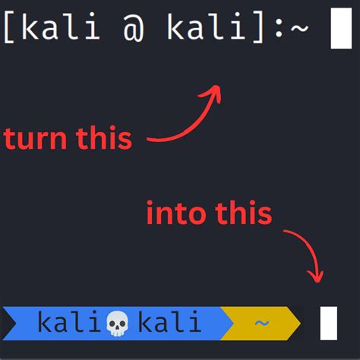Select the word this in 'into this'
coord(241,214)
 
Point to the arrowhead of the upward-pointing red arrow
coord(216,90)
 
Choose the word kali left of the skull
coord(71,323)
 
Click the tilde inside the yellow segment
coord(261,324)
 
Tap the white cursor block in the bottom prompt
coord(328,323)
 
